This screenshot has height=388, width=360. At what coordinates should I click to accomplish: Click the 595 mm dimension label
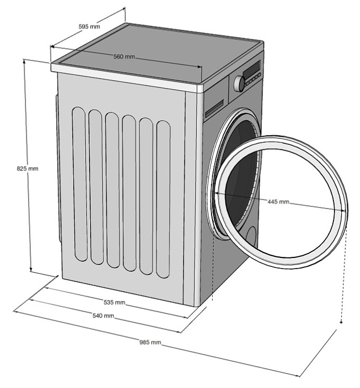coord(89,26)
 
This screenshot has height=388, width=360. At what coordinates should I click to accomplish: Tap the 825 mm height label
coord(28,169)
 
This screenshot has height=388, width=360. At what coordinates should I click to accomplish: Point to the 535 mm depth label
coord(114,302)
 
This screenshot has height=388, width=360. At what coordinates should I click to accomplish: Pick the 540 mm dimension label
coord(103,316)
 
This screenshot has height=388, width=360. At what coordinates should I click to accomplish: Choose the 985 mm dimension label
coord(150,342)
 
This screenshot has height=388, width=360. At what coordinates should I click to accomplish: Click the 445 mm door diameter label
coord(278,202)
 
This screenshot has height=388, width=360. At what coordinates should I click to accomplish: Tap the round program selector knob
coord(239,83)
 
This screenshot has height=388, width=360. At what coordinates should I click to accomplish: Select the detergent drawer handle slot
coord(214,108)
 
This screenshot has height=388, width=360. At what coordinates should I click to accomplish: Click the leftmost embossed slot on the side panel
coord(80,184)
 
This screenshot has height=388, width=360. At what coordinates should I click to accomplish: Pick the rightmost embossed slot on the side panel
coord(163,200)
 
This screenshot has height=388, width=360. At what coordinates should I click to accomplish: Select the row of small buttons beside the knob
coord(253,80)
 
